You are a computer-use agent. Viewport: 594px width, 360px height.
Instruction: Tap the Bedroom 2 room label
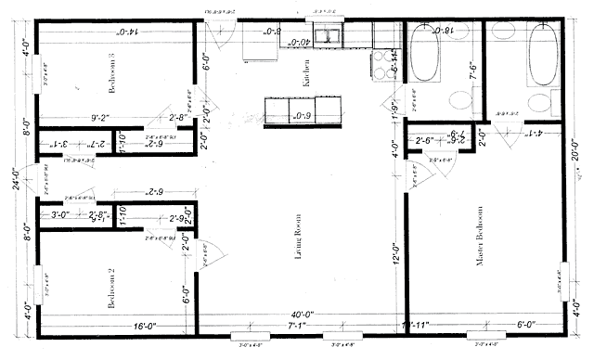click(110, 289)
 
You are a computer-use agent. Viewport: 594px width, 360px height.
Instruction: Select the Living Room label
click(300, 247)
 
